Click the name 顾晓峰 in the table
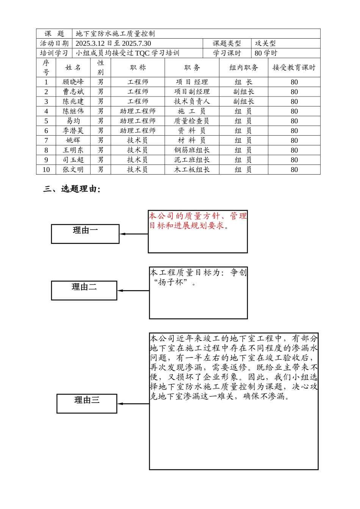tap(73, 82)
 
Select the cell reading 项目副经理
tap(192, 92)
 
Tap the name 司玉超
tap(73, 160)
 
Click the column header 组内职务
tap(243, 68)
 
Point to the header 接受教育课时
tap(294, 68)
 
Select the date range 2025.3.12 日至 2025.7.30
tap(113, 44)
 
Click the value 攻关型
tap(265, 44)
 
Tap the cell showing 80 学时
tap(266, 53)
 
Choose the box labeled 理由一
tap(85, 234)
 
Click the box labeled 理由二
tap(84, 290)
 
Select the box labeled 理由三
tap(87, 403)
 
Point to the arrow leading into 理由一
tap(133, 234)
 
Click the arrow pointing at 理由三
tap(133, 404)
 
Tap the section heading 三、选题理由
tap(72, 189)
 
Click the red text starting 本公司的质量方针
tap(197, 221)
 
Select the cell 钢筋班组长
tap(192, 150)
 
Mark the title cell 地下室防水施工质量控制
tap(115, 34)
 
